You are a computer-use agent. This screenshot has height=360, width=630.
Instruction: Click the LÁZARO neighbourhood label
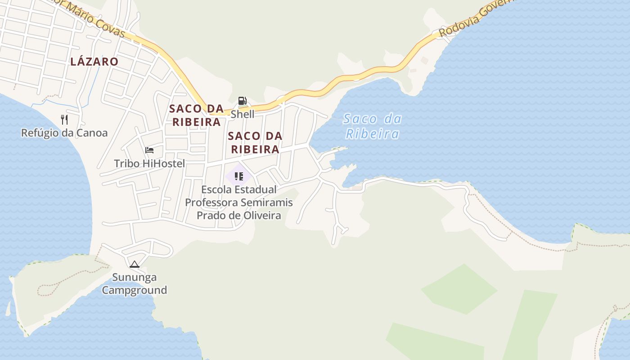(x=94, y=62)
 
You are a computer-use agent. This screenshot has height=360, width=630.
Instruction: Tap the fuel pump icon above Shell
(x=242, y=101)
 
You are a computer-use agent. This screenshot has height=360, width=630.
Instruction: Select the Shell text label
(x=243, y=114)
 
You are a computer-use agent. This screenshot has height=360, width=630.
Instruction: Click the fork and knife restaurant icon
(x=64, y=119)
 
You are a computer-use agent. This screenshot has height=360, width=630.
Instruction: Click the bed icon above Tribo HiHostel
(x=149, y=150)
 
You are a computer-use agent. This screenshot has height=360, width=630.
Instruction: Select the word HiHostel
(x=163, y=163)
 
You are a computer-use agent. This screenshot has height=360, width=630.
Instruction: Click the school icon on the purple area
(x=239, y=176)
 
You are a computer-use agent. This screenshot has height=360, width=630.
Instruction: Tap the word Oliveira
(x=259, y=216)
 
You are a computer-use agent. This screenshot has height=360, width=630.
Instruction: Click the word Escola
(x=219, y=189)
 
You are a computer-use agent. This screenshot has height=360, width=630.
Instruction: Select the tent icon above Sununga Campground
(x=134, y=264)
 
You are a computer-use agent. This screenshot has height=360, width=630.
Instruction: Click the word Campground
(x=134, y=290)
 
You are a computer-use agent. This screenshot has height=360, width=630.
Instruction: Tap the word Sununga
(x=134, y=277)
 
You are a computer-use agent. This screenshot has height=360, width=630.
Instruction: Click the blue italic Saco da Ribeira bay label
(x=372, y=126)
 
